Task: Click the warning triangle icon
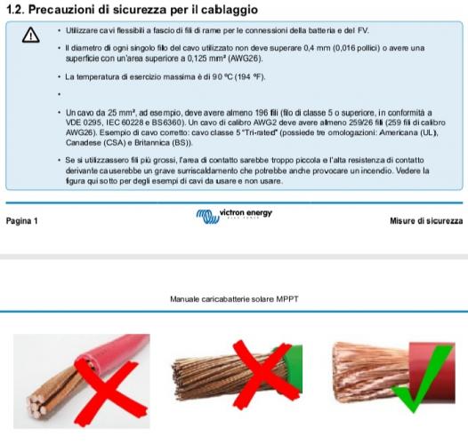click(x=31, y=35)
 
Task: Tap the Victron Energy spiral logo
click(x=207, y=217)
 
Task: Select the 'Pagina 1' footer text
click(x=21, y=221)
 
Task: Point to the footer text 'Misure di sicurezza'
click(x=426, y=221)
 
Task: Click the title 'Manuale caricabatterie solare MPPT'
click(x=234, y=299)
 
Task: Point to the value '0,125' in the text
click(x=197, y=59)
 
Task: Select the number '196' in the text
click(x=262, y=113)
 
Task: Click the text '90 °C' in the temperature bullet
click(x=222, y=77)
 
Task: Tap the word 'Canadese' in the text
click(x=84, y=143)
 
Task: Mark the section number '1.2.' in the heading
click(x=15, y=10)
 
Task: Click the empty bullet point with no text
click(x=60, y=94)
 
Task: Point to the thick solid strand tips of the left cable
click(x=36, y=405)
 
